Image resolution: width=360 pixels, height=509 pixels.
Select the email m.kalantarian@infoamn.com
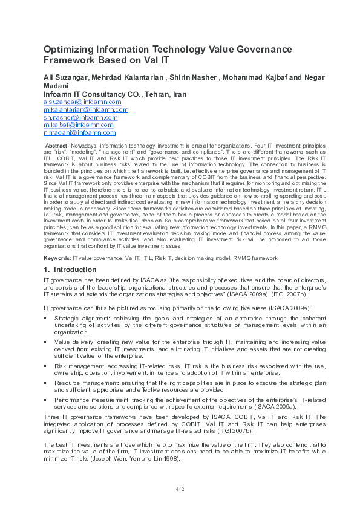[x=86, y=110]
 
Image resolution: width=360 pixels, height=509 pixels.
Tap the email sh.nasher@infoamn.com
[x=80, y=117]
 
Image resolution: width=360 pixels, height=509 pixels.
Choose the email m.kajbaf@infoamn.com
[x=79, y=125]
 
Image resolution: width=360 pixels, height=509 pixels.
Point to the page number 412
[x=180, y=488]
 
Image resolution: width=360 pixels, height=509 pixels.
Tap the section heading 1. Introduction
[x=70, y=270]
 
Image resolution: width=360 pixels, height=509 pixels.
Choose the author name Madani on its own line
[x=57, y=86]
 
